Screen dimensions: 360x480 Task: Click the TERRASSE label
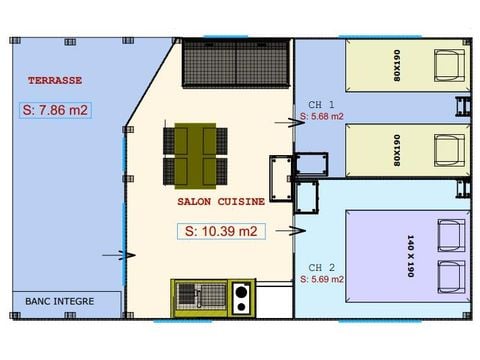tap(55, 80)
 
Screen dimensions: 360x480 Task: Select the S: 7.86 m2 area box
tap(55, 110)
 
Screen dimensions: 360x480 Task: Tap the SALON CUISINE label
tap(221, 201)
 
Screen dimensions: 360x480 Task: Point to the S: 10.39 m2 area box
tap(221, 231)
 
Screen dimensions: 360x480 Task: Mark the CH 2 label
tap(321, 267)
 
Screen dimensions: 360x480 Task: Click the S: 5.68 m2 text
tap(322, 116)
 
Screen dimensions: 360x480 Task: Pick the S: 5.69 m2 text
tap(322, 279)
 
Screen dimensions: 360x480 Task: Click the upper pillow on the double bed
tap(451, 235)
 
